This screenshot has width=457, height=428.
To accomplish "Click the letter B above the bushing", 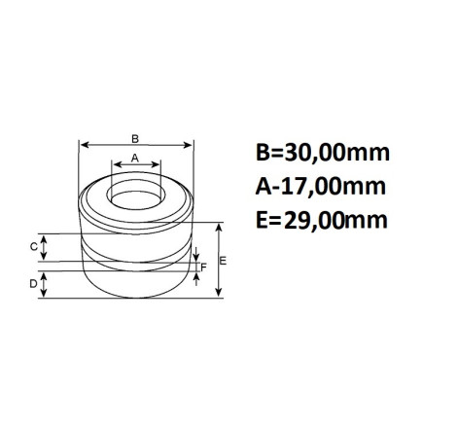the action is pos(135,139).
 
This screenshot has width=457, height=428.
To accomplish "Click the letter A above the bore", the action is pos(135,159).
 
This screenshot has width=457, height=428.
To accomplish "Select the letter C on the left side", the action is pos(34,247).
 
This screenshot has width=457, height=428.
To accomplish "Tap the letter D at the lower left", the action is pos(33,284).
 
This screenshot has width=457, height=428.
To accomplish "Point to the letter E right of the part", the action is pos(223,261).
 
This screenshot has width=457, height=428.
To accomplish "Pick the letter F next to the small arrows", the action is pos(203,267).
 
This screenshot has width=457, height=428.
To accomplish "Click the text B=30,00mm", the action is pos(323,153).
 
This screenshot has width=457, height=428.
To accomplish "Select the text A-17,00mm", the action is pos(321,187).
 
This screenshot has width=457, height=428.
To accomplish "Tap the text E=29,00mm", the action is pos(322,221).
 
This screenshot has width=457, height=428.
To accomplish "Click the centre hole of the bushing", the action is pos(136,199).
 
